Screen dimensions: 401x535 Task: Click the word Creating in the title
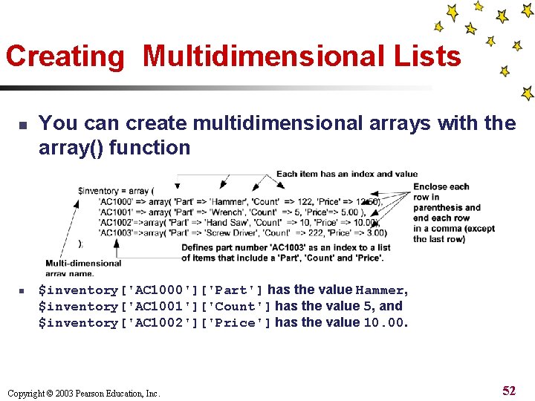point(66,57)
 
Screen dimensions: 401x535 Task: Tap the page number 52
point(509,391)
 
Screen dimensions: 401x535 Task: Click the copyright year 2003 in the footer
point(67,394)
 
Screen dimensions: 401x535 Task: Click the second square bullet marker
point(22,291)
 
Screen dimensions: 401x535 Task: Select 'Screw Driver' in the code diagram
point(236,232)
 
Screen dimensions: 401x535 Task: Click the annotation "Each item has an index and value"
point(347,175)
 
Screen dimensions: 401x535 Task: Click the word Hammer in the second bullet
point(380,290)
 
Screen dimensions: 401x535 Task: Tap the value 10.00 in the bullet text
point(383,323)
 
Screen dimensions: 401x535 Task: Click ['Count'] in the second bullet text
point(235,307)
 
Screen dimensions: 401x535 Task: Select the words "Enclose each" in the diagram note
point(441,186)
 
